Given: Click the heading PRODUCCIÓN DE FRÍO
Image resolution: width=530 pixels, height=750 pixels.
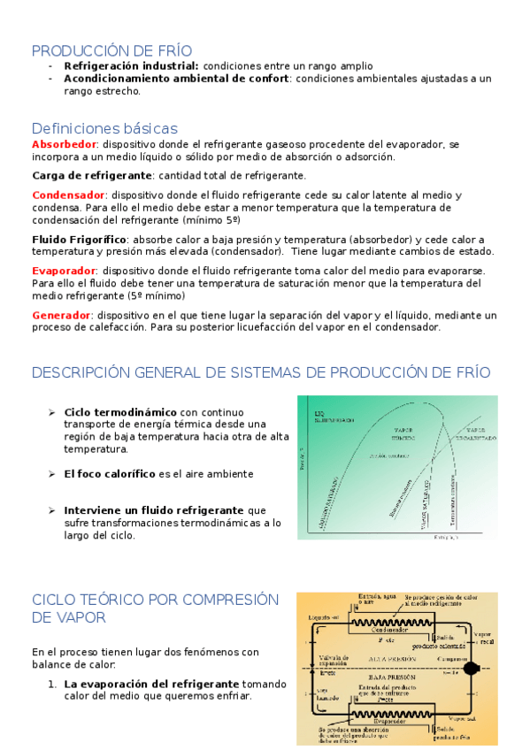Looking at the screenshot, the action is [x=111, y=50].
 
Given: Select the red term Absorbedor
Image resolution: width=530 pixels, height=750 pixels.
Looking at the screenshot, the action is [x=64, y=143].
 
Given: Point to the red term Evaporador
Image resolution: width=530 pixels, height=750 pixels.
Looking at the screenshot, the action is [x=64, y=271].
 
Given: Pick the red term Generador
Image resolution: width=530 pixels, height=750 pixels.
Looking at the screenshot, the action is [x=61, y=315].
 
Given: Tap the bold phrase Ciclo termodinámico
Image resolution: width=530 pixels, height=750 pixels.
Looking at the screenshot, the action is [x=121, y=411].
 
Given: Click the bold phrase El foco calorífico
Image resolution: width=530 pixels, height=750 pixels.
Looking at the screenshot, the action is [x=110, y=474].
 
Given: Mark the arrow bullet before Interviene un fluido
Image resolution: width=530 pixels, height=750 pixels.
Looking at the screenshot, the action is [x=51, y=510].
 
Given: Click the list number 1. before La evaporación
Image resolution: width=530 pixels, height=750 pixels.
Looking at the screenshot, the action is [x=52, y=684].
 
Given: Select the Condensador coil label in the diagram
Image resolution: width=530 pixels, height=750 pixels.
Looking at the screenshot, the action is [x=389, y=630].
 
